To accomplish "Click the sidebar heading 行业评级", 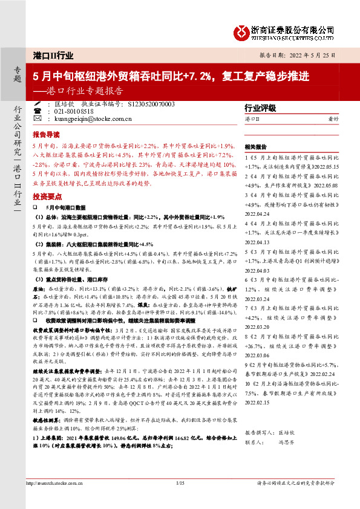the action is (x=260, y=108).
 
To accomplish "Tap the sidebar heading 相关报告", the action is (x=256, y=147).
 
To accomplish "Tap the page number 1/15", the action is (x=179, y=483).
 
